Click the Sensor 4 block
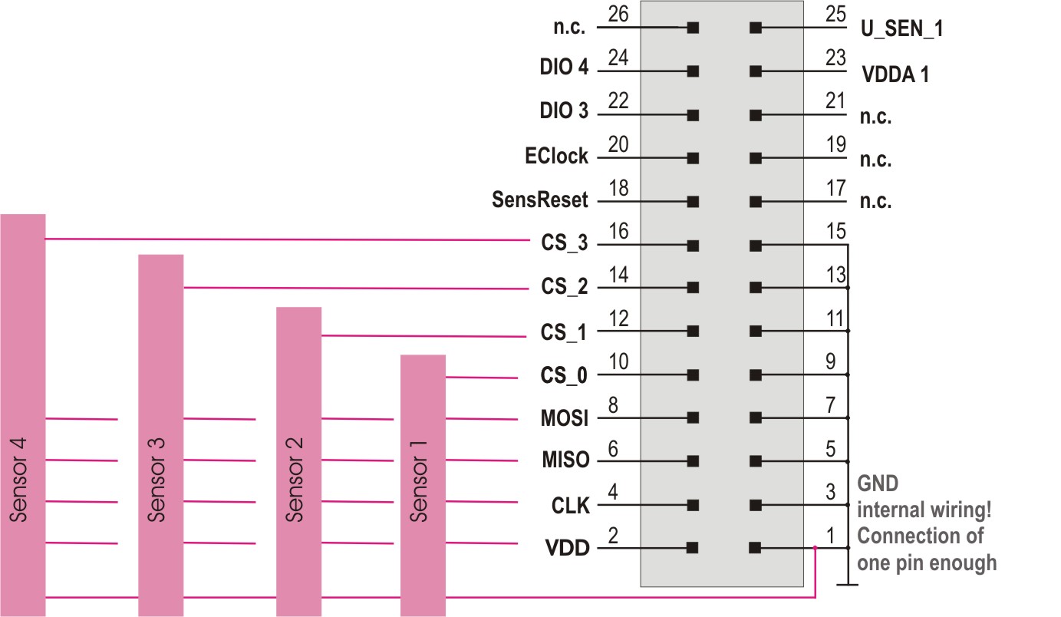pyautogui.click(x=23, y=414)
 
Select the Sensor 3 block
pyautogui.click(x=160, y=434)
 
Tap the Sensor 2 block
pyautogui.click(x=298, y=460)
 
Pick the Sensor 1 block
pyautogui.click(x=423, y=484)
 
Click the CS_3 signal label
pyautogui.click(x=564, y=245)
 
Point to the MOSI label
pyautogui.click(x=565, y=419)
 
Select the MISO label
pyautogui.click(x=565, y=461)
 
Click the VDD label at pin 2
pyautogui.click(x=567, y=549)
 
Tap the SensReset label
pyautogui.click(x=540, y=201)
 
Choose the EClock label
pyautogui.click(x=556, y=157)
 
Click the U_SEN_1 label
pyautogui.click(x=902, y=30)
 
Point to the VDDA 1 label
pyautogui.click(x=895, y=75)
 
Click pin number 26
pyautogui.click(x=617, y=14)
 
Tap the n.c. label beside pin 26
pyautogui.click(x=569, y=28)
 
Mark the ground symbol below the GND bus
pyautogui.click(x=848, y=585)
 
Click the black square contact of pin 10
pyautogui.click(x=693, y=375)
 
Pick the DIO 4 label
pyautogui.click(x=564, y=68)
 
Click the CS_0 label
pyautogui.click(x=564, y=376)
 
